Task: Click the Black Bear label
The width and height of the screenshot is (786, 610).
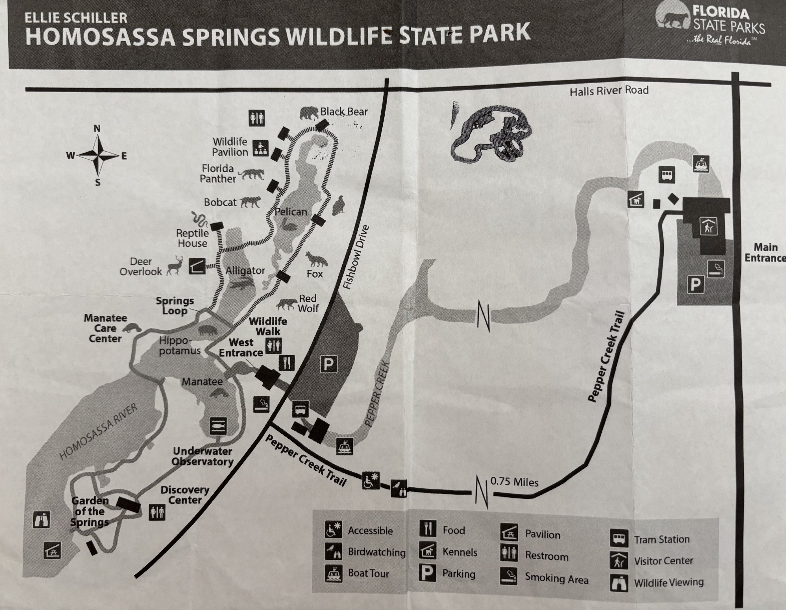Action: click(x=344, y=112)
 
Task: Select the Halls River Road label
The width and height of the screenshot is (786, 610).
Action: click(x=609, y=90)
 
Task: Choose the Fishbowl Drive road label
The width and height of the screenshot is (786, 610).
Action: click(x=356, y=257)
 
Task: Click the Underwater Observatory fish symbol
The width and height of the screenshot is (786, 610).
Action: click(x=218, y=426)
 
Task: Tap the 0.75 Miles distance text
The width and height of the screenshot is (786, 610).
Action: click(x=514, y=482)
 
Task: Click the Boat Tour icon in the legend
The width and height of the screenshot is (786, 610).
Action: click(x=333, y=573)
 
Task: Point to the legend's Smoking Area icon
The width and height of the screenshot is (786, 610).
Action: click(x=509, y=576)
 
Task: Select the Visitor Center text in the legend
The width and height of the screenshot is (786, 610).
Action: click(x=663, y=560)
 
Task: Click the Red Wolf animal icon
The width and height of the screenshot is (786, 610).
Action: click(x=286, y=304)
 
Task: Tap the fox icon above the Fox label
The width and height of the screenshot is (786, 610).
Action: click(x=316, y=259)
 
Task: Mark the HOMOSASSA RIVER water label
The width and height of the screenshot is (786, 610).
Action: click(x=98, y=432)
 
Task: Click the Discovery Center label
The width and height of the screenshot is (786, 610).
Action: click(x=185, y=495)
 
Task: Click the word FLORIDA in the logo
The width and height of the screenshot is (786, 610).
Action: click(x=721, y=13)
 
